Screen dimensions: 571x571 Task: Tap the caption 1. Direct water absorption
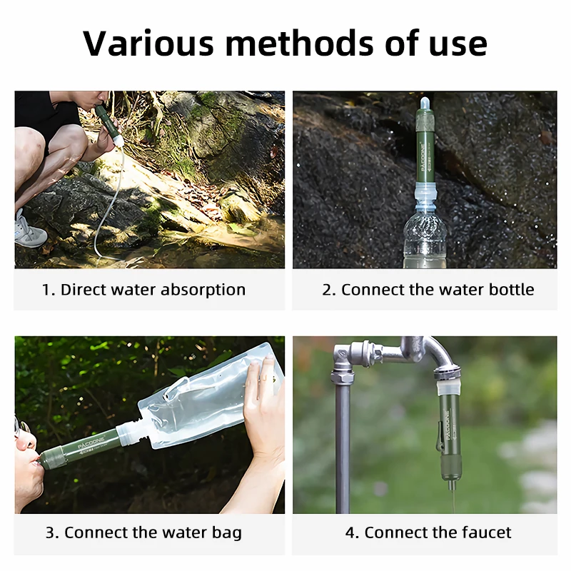pyautogui.click(x=143, y=290)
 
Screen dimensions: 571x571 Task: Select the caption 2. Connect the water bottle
pyautogui.click(x=428, y=290)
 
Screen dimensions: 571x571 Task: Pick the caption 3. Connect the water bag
pyautogui.click(x=143, y=532)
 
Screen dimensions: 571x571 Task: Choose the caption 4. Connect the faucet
pyautogui.click(x=428, y=532)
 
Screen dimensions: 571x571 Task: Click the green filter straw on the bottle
pyautogui.click(x=425, y=150)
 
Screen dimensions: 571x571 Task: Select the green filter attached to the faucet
pyautogui.click(x=449, y=435)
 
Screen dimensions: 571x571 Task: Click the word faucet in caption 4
pyautogui.click(x=486, y=532)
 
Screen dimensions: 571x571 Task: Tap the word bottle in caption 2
pyautogui.click(x=510, y=290)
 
